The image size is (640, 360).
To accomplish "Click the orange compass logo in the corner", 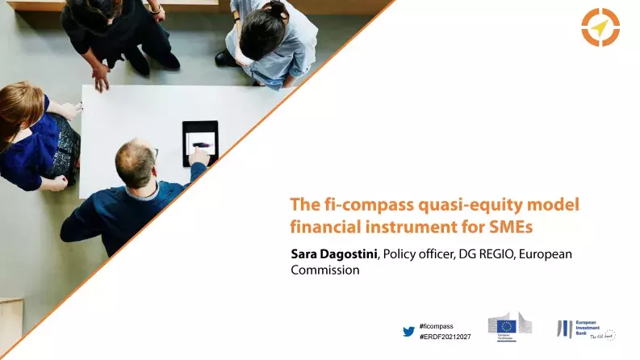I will coord(600,27).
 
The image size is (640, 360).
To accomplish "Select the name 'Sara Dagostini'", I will coord(334,254).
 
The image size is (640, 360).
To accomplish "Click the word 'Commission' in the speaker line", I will coord(324,270).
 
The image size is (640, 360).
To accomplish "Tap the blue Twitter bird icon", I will coord(408,331).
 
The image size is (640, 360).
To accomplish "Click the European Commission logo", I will coord(509,327).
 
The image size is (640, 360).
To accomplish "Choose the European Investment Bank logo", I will coord(584,328).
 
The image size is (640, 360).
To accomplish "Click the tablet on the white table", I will coord(199,143).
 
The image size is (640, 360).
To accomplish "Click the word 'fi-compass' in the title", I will coord(356,205).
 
